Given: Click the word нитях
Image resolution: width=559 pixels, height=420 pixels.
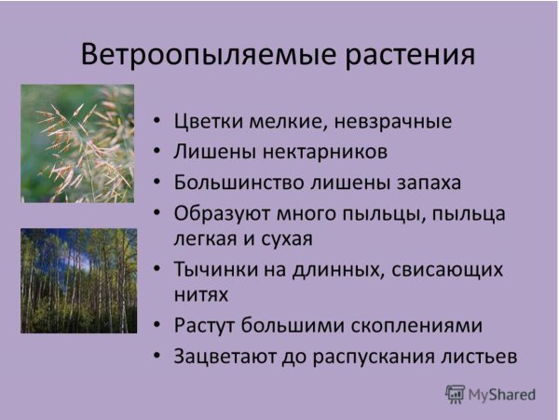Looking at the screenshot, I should click(201, 295).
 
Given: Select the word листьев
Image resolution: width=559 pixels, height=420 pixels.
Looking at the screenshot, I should click(474, 357).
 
